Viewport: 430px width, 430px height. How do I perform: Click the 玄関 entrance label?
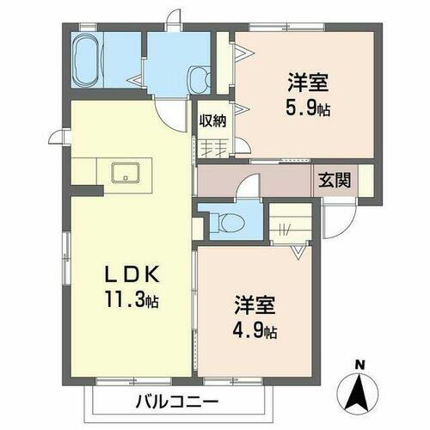point(335,181)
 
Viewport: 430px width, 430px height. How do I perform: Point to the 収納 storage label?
point(213,121)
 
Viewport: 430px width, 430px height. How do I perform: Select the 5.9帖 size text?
point(307,109)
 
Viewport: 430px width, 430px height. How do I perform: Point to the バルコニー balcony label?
point(177,402)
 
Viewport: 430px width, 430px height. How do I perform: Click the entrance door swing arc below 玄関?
point(340,222)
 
